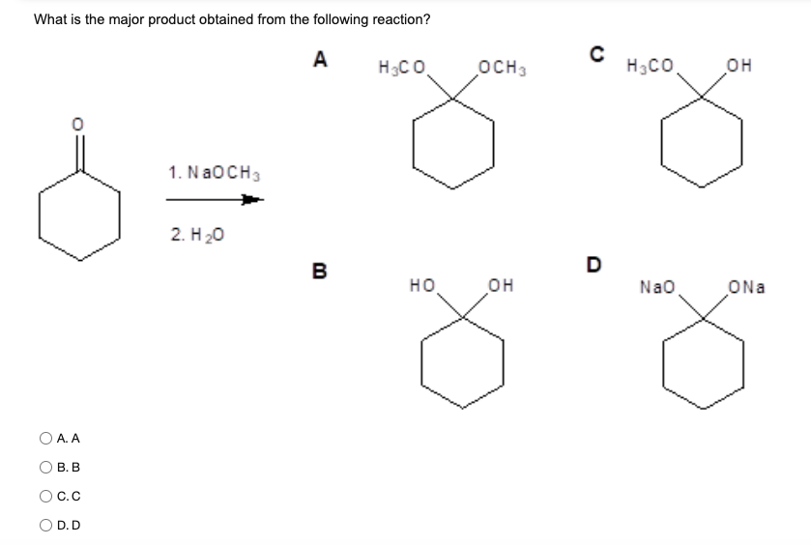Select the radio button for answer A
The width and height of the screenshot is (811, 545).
click(x=44, y=439)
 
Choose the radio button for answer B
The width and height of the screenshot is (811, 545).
click(x=44, y=468)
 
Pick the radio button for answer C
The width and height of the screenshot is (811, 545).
click(x=44, y=497)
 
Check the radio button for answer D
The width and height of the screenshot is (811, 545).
click(x=44, y=526)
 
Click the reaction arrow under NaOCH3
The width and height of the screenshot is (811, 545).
click(x=214, y=201)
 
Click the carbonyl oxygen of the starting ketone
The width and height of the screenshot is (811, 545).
click(x=79, y=126)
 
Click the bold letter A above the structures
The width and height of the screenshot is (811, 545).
click(x=320, y=60)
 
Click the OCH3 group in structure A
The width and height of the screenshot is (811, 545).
click(x=502, y=68)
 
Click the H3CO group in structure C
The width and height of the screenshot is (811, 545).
click(x=649, y=68)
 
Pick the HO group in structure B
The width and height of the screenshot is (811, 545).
click(x=421, y=286)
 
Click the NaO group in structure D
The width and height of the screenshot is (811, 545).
click(x=655, y=286)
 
